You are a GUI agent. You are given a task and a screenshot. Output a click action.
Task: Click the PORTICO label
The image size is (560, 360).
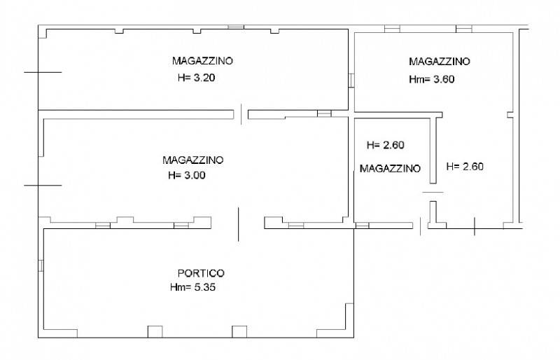[201, 273]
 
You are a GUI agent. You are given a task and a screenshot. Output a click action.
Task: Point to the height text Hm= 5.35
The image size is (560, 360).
[193, 287]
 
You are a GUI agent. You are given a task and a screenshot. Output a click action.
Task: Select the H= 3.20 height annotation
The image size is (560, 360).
[197, 78]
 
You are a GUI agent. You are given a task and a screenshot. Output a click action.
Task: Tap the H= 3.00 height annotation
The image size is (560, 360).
[187, 176]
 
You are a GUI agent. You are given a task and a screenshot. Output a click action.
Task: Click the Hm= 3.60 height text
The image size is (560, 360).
[432, 79]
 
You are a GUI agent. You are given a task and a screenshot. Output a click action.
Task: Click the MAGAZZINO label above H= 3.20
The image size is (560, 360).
[202, 61]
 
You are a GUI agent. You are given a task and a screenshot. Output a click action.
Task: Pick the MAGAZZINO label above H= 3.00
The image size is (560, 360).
[193, 160]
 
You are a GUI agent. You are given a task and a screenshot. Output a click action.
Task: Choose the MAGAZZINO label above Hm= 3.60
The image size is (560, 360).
[440, 62]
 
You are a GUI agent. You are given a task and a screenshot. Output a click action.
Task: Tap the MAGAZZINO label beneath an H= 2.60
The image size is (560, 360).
[390, 169]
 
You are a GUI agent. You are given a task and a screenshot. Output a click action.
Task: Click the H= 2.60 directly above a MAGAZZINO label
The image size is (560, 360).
[386, 145]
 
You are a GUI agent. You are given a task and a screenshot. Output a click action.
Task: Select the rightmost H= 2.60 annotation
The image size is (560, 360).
[465, 167]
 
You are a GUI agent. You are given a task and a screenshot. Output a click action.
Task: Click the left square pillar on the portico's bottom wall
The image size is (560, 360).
[155, 332]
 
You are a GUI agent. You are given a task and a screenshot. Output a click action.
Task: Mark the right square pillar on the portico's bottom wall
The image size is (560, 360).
[239, 332]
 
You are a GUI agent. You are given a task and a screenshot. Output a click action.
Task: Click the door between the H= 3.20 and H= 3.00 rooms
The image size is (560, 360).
[241, 114]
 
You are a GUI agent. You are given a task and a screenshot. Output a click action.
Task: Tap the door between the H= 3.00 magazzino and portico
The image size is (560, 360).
[238, 224]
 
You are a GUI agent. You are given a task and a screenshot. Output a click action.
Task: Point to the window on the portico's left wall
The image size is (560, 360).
[41, 265]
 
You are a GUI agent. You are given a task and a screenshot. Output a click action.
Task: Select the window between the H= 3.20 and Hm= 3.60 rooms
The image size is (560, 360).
[351, 81]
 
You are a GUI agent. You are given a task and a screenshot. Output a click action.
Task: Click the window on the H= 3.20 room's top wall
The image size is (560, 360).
[236, 27]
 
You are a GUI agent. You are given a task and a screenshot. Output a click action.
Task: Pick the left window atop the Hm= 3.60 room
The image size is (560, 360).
[392, 29]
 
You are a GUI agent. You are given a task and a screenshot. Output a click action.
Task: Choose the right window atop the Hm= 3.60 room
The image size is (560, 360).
[463, 29]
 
